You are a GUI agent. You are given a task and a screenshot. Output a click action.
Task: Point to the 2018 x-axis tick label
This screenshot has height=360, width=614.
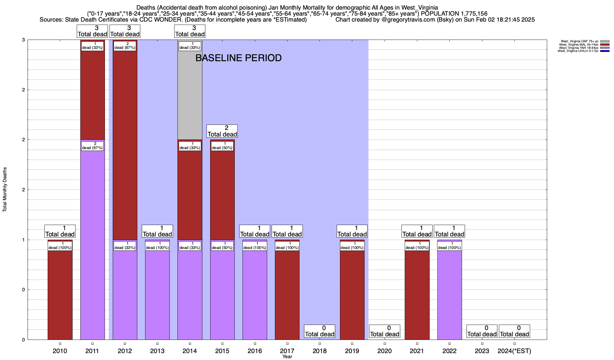pos(320,351)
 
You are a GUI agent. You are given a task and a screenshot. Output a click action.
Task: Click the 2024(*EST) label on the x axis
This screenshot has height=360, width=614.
pos(514,351)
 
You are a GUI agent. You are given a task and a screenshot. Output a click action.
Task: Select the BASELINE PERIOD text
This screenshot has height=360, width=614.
pos(238,58)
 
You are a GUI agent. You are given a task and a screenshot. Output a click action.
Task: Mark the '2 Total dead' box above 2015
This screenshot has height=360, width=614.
pos(222,131)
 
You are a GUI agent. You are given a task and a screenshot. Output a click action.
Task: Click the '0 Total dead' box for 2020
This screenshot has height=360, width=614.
pos(384,331)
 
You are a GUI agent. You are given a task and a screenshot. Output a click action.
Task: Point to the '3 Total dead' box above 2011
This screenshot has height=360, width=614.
pos(92,31)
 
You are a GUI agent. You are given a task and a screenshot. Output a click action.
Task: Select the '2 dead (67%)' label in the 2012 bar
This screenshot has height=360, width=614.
pos(125,46)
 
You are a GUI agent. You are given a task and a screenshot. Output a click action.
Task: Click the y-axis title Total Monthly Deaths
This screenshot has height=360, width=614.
pos(5,189)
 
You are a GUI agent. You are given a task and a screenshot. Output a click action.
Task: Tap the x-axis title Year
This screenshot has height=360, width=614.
pos(287,357)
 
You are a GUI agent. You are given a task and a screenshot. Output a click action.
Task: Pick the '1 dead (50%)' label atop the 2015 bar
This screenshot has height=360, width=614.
pos(222,146)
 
